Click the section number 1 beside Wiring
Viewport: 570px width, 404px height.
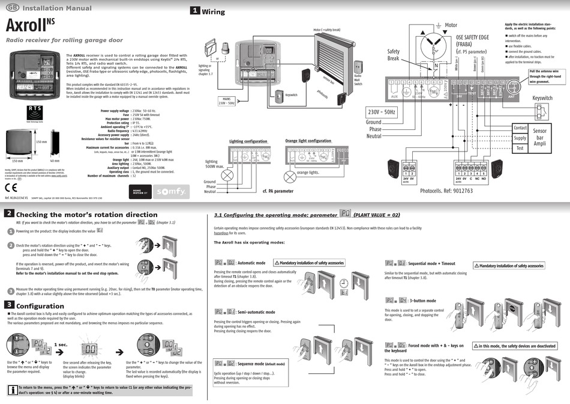coord(195,11)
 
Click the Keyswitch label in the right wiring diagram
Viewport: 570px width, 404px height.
coord(542,98)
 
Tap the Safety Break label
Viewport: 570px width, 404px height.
coord(394,55)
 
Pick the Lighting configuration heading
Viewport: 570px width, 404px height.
coord(248,141)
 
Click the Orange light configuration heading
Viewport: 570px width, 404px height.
coord(308,141)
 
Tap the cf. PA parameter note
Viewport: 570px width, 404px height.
coord(278,191)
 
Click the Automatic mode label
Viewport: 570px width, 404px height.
coord(251,263)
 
